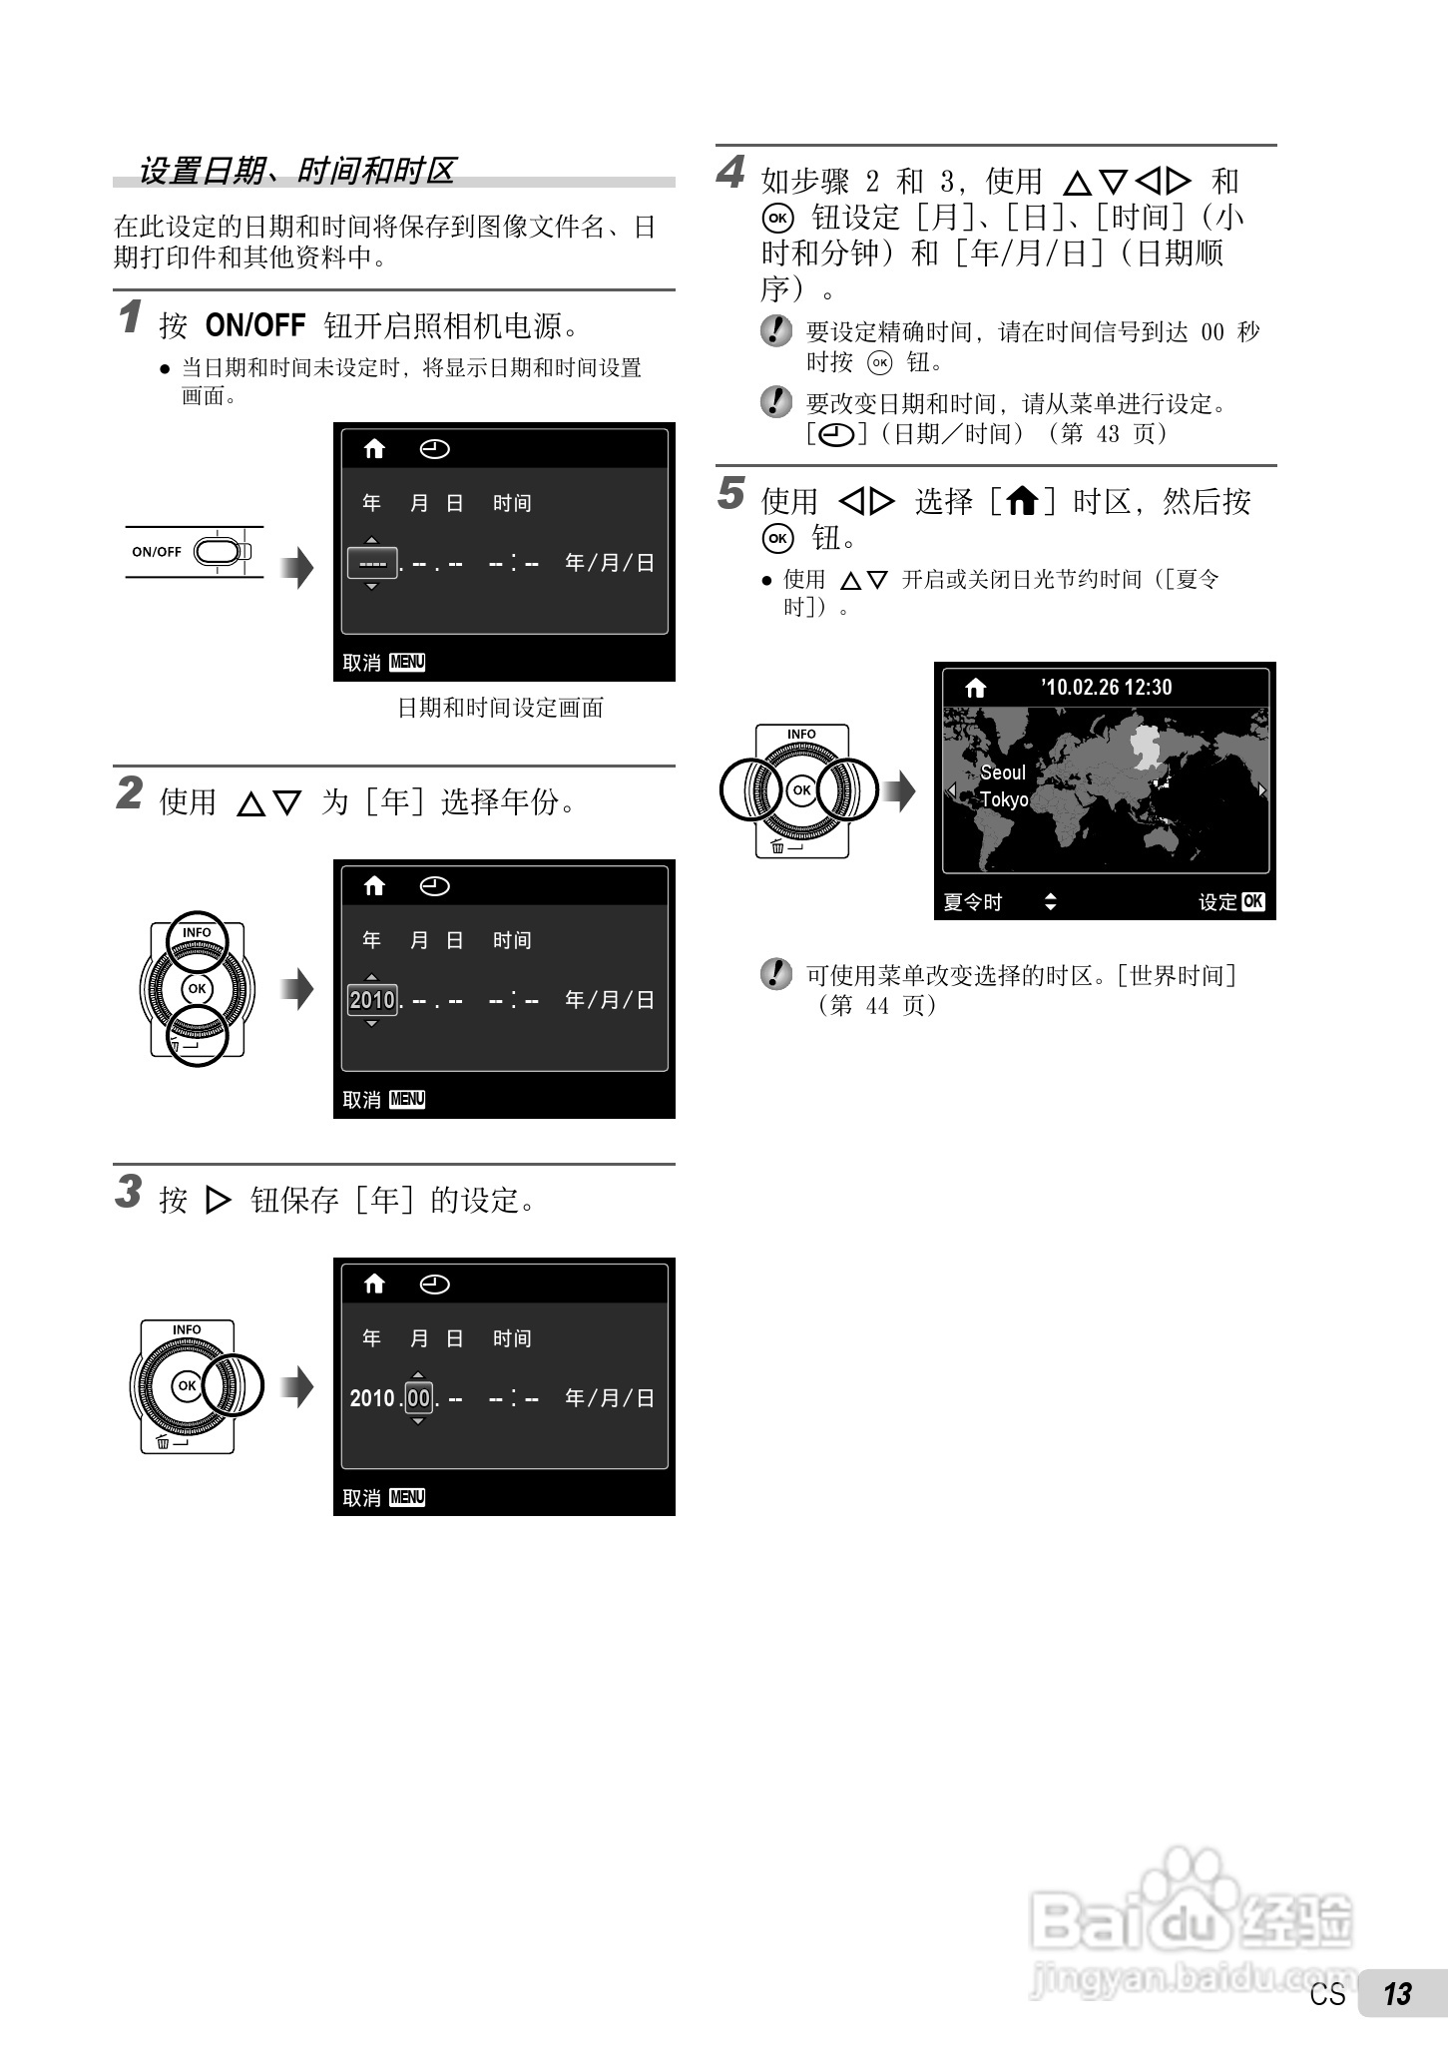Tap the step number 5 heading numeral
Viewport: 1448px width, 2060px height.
[x=730, y=493]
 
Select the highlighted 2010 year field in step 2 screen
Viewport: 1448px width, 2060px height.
[x=372, y=999]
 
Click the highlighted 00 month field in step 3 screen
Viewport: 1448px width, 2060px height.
[x=418, y=1397]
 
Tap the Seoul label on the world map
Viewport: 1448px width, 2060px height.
[x=1002, y=772]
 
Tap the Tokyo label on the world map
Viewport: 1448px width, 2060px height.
[x=1003, y=799]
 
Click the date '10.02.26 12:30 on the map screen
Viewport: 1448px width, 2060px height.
[x=1106, y=687]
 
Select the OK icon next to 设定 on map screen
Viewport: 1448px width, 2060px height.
[x=1253, y=901]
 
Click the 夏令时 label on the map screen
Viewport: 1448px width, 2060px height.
[x=972, y=902]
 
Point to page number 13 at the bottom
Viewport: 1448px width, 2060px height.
[x=1397, y=1993]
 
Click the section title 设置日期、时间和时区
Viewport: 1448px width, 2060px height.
[x=296, y=171]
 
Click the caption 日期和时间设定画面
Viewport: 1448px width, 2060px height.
[x=500, y=708]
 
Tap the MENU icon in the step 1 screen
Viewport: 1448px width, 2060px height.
[x=407, y=662]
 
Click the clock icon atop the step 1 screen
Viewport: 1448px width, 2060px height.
[x=434, y=449]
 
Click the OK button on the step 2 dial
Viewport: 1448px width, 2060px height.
[x=198, y=989]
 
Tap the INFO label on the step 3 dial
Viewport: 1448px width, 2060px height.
[x=187, y=1329]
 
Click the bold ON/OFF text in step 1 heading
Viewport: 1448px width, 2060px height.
[x=254, y=325]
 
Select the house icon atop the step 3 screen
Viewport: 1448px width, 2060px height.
[x=374, y=1285]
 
